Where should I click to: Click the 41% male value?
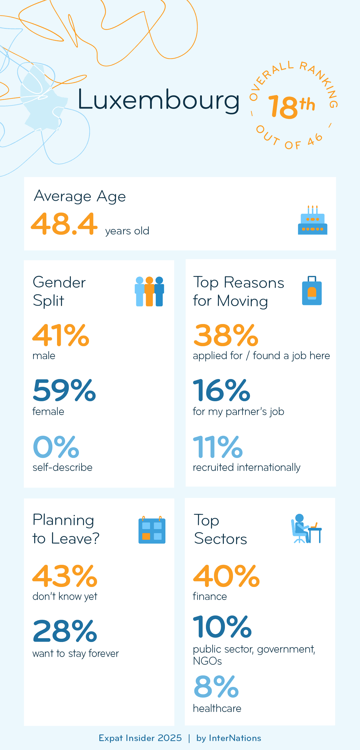tap(60, 336)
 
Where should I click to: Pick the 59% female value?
tap(64, 391)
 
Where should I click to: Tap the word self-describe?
tap(62, 467)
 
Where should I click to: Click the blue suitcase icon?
tap(312, 291)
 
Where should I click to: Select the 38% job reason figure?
tap(226, 336)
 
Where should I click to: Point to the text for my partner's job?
tap(238, 412)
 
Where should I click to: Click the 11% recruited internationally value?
tap(218, 447)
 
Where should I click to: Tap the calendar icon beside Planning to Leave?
tap(152, 530)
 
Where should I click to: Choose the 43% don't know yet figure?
tap(65, 576)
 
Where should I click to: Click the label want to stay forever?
tap(76, 654)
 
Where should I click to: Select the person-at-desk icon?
tap(306, 529)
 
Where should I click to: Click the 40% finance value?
tap(226, 576)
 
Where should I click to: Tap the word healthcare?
tap(217, 708)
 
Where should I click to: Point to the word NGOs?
tap(207, 661)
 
